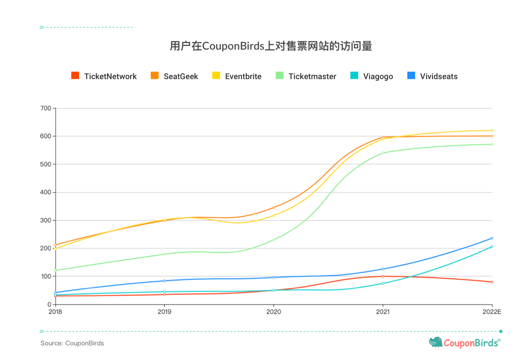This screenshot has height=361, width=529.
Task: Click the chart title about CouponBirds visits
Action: pos(271,46)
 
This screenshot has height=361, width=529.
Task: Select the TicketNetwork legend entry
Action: pos(104,76)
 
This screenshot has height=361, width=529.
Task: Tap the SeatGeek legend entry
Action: pos(174,76)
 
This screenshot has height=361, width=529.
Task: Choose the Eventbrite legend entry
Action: pos(237,76)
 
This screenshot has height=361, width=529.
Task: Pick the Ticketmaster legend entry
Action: pos(306,76)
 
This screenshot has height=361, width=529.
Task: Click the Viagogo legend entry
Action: pos(372,76)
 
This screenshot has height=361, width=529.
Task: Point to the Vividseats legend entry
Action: pos(432,76)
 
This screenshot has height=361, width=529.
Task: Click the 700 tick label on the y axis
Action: pos(46,108)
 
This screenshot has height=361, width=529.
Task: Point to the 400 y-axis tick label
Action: pos(46,192)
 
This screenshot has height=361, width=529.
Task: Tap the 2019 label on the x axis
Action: pos(164,312)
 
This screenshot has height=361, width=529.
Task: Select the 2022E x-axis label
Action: pos(492,312)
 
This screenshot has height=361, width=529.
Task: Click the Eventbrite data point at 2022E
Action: pos(492,131)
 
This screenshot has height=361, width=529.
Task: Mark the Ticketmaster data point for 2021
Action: pos(383,153)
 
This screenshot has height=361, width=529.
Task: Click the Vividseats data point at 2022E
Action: pos(492,238)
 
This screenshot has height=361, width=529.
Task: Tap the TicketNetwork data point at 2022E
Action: pos(492,282)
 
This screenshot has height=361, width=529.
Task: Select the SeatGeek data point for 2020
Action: pos(274,208)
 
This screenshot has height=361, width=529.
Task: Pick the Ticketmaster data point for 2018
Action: pos(55,270)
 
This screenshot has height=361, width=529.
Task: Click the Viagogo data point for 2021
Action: pos(383,283)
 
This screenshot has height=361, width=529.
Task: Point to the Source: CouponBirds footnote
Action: pos(72,343)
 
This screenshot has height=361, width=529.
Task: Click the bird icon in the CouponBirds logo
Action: pos(436,342)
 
